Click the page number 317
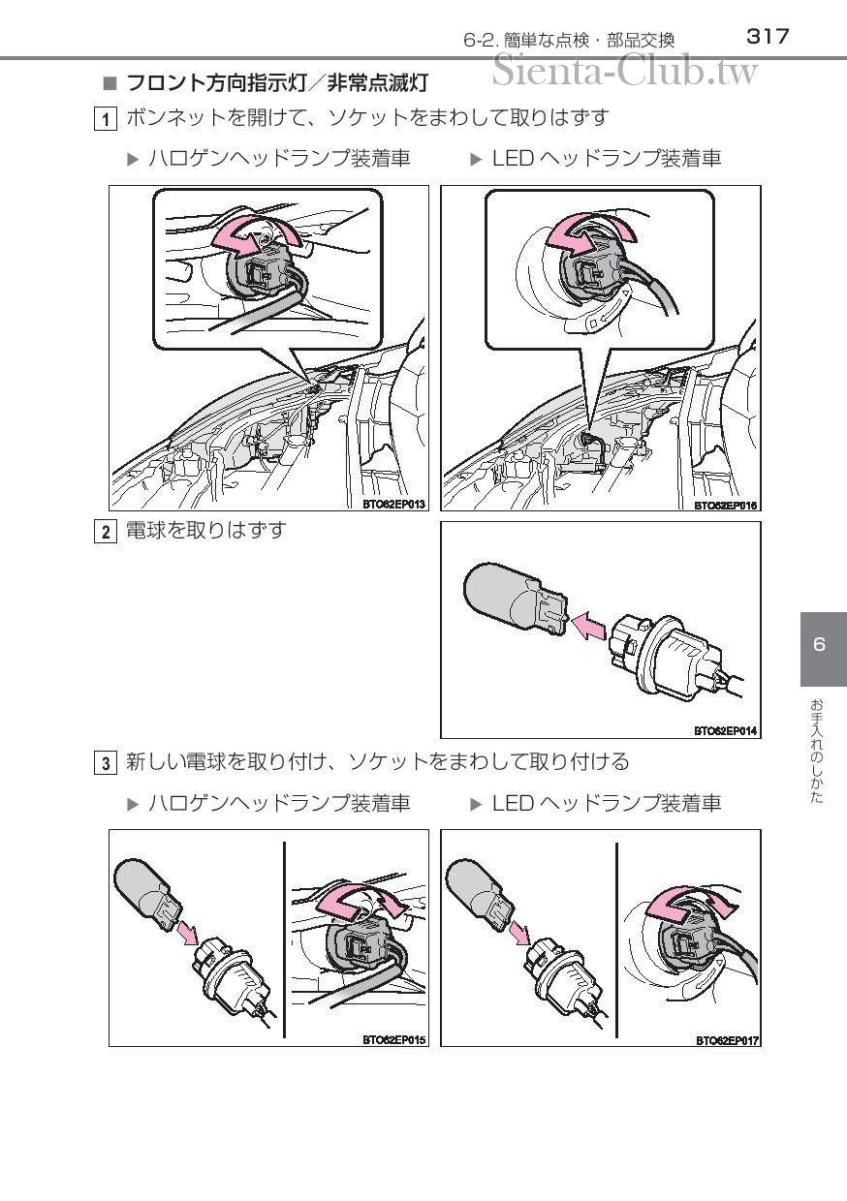click(x=768, y=37)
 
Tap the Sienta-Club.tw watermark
click(x=625, y=71)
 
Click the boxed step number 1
click(x=106, y=119)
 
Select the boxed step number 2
click(x=106, y=532)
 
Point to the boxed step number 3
click(x=106, y=763)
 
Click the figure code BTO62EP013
click(x=393, y=504)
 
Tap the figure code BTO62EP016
click(x=725, y=505)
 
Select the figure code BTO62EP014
click(x=725, y=731)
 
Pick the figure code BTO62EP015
click(x=393, y=1039)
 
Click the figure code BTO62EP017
click(x=728, y=1040)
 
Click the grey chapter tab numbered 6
click(x=824, y=649)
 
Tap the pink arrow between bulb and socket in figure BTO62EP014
click(x=589, y=625)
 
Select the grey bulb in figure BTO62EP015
click(x=146, y=894)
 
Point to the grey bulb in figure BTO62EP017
click(x=479, y=894)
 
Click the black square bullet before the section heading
click(x=110, y=83)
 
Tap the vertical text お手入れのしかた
click(x=816, y=752)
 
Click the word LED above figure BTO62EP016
click(x=513, y=159)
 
